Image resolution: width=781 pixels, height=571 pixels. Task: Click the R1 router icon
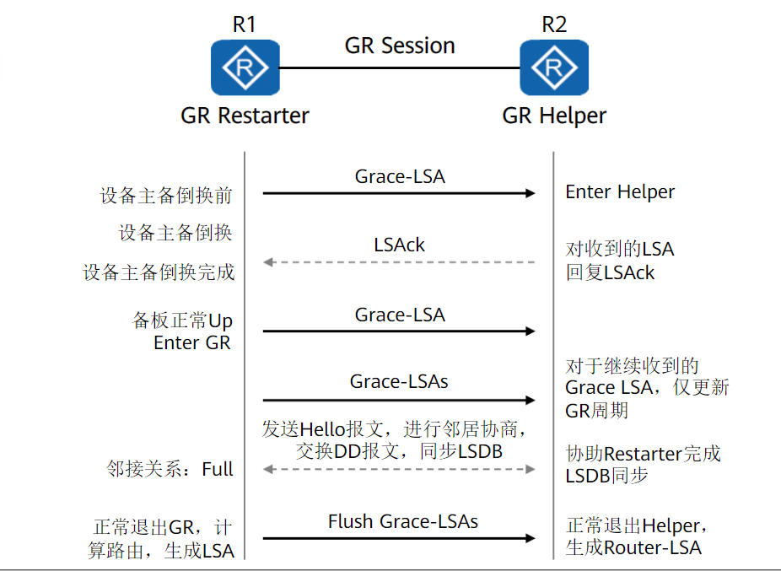point(245,67)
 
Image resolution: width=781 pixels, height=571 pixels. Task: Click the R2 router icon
point(554,67)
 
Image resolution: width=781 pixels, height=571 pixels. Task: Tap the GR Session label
point(400,46)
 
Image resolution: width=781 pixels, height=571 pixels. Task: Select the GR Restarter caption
point(245,116)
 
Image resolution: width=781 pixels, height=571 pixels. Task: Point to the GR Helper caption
point(554,116)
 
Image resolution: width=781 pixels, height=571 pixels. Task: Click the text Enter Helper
point(620,192)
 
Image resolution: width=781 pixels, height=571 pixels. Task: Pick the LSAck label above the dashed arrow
point(400,245)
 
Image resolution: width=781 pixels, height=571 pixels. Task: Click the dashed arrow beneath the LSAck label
point(400,262)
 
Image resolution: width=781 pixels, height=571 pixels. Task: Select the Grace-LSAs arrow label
point(400,382)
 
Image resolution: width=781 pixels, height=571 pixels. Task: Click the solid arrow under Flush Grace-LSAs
point(400,538)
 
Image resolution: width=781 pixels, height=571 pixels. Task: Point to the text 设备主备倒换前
point(166,197)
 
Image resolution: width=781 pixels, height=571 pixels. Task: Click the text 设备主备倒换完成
point(159,272)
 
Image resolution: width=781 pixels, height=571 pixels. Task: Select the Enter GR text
point(192,343)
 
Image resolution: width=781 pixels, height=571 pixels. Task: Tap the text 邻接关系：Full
point(170,469)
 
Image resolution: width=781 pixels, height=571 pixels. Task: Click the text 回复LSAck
point(610,272)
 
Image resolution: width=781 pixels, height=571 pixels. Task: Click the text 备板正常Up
point(182,321)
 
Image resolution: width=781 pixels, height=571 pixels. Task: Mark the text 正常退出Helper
point(635,526)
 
